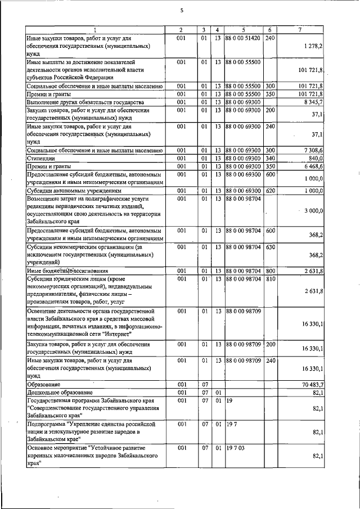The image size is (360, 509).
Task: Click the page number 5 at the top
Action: point(182,10)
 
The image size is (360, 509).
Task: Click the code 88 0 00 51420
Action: point(242,38)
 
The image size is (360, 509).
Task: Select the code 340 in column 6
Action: point(269,159)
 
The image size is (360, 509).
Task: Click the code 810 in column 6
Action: point(269,278)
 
